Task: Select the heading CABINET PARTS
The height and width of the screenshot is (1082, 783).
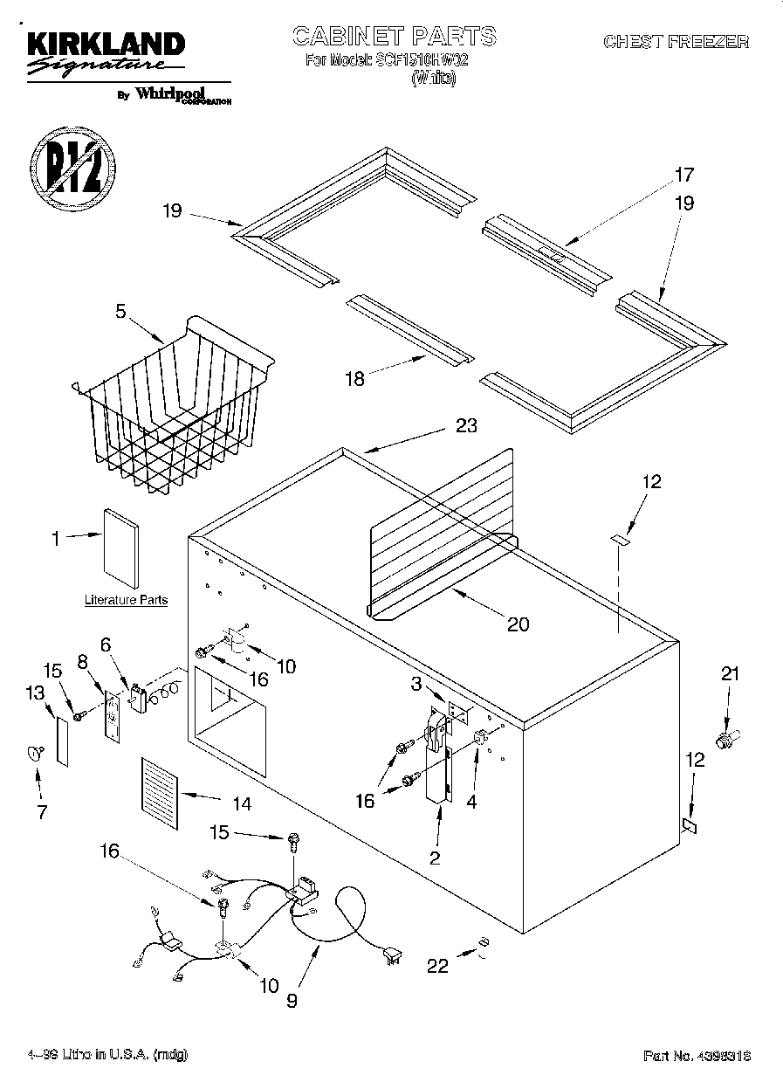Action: point(394,37)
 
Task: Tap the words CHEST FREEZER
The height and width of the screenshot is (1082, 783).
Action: point(676,42)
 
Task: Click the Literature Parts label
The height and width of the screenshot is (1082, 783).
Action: point(126,600)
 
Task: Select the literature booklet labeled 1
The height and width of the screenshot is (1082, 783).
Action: point(120,548)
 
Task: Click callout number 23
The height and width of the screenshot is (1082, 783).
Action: point(466,427)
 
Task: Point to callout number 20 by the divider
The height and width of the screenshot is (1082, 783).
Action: point(518,624)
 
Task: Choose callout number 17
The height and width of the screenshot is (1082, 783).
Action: point(683,174)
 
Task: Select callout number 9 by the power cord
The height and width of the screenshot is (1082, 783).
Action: point(292,1001)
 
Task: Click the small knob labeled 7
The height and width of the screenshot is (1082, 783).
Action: point(37,751)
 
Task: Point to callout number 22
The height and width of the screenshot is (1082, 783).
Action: point(437,966)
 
